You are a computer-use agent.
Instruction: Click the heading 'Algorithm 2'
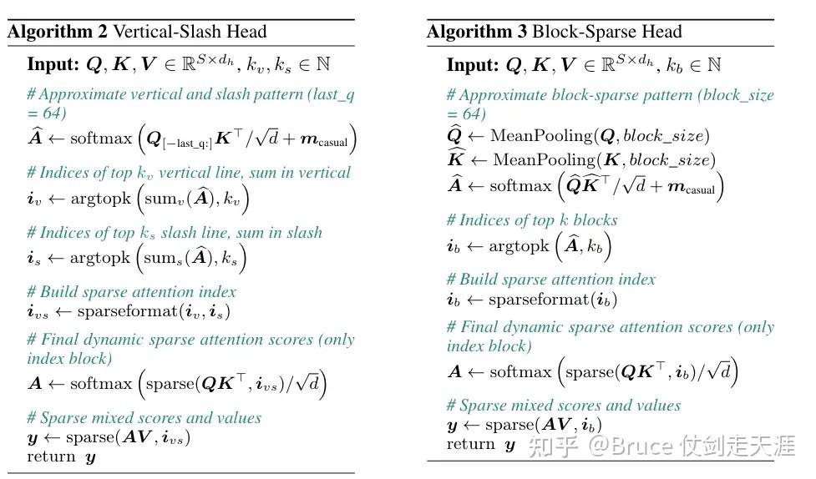tap(58, 33)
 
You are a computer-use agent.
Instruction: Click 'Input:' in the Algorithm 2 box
tap(53, 64)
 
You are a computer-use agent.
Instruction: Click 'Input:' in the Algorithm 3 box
tap(473, 65)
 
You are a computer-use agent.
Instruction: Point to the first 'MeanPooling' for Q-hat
tap(542, 136)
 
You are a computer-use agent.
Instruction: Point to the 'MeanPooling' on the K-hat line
tap(545, 159)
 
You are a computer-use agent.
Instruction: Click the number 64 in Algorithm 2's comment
tap(53, 113)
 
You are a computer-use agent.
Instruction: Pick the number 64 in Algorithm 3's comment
tap(472, 113)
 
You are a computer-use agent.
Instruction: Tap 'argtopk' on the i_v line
tap(101, 199)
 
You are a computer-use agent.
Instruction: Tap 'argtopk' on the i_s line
tap(100, 259)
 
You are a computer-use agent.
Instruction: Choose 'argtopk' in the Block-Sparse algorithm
tap(519, 246)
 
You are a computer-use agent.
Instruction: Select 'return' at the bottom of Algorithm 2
tap(52, 456)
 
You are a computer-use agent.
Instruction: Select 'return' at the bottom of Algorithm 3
tap(471, 444)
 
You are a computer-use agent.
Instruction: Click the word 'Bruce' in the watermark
tap(642, 446)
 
